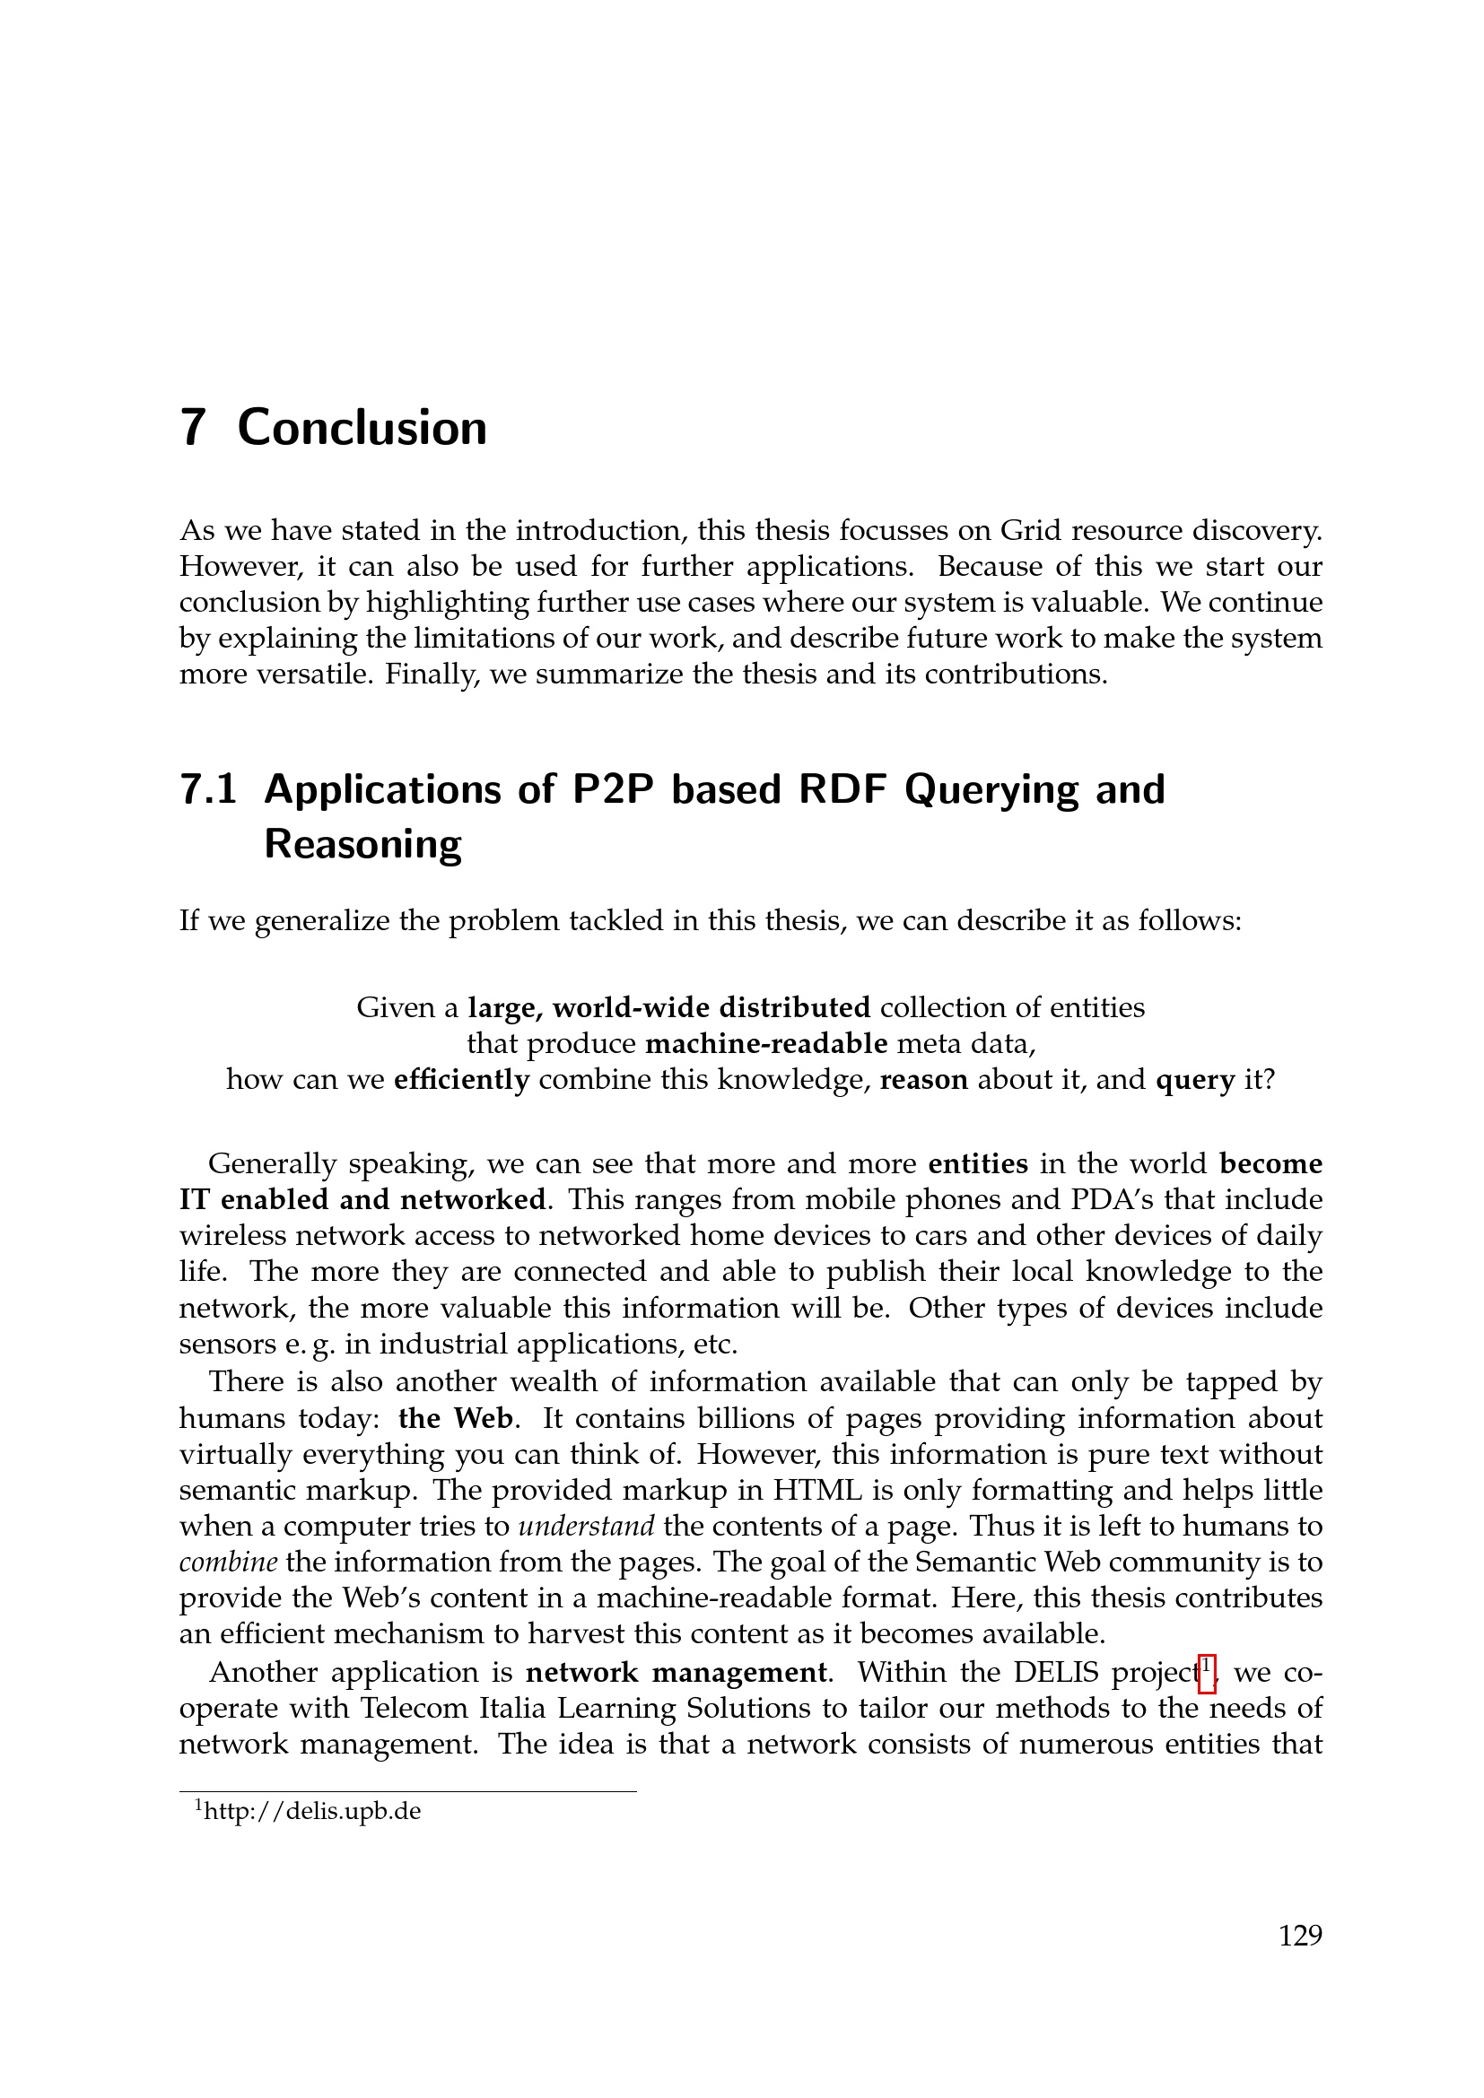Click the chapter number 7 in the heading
coord(192,428)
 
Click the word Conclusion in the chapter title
coord(362,428)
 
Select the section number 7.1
coord(208,789)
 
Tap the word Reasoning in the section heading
coord(362,844)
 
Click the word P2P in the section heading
coord(609,789)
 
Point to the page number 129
coord(1299,1936)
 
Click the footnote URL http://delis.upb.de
coord(311,1811)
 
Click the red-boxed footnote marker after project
coord(1206,1673)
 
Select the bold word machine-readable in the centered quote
coord(765,1042)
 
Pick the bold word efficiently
coord(461,1079)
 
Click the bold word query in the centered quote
coord(1195,1079)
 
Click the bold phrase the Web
coord(456,1418)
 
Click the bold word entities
coord(978,1164)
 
